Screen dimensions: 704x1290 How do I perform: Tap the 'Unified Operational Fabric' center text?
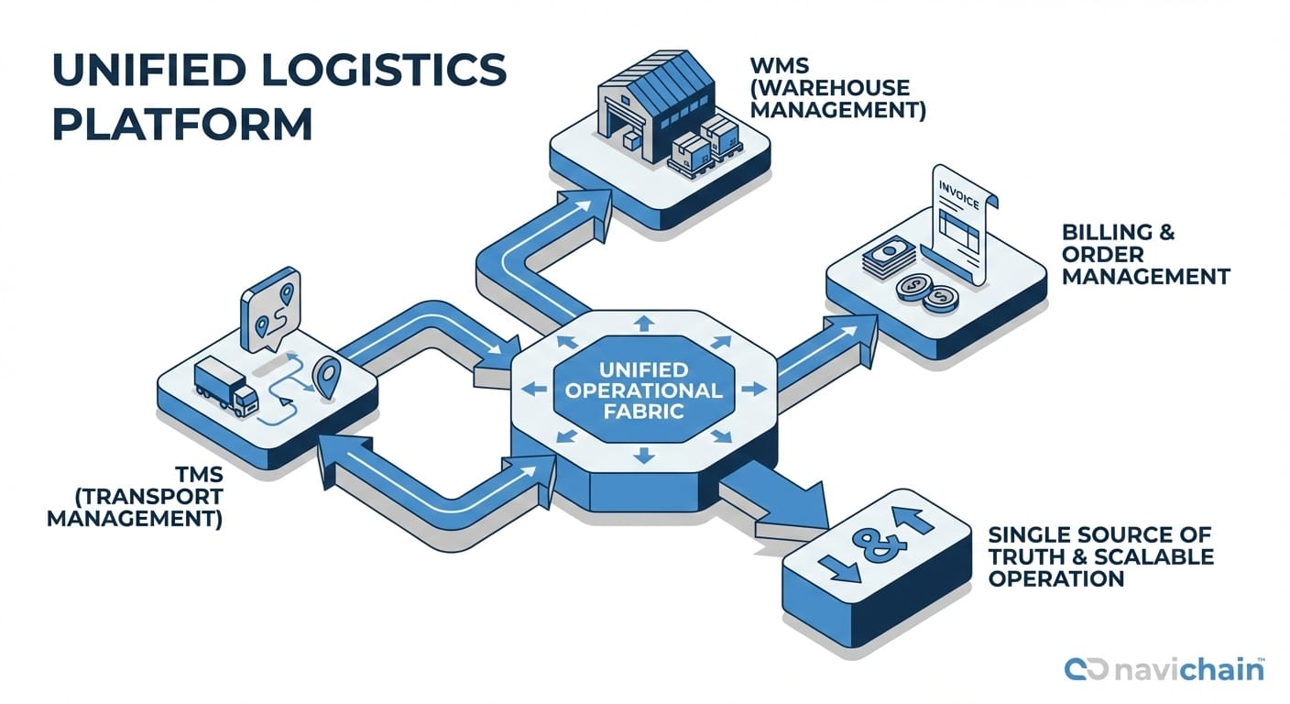641,390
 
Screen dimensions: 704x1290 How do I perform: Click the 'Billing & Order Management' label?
1145,253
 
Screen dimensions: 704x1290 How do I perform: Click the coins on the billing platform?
925,291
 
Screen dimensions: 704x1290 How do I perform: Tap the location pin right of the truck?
325,376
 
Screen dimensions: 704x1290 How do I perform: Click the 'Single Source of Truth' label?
1099,556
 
